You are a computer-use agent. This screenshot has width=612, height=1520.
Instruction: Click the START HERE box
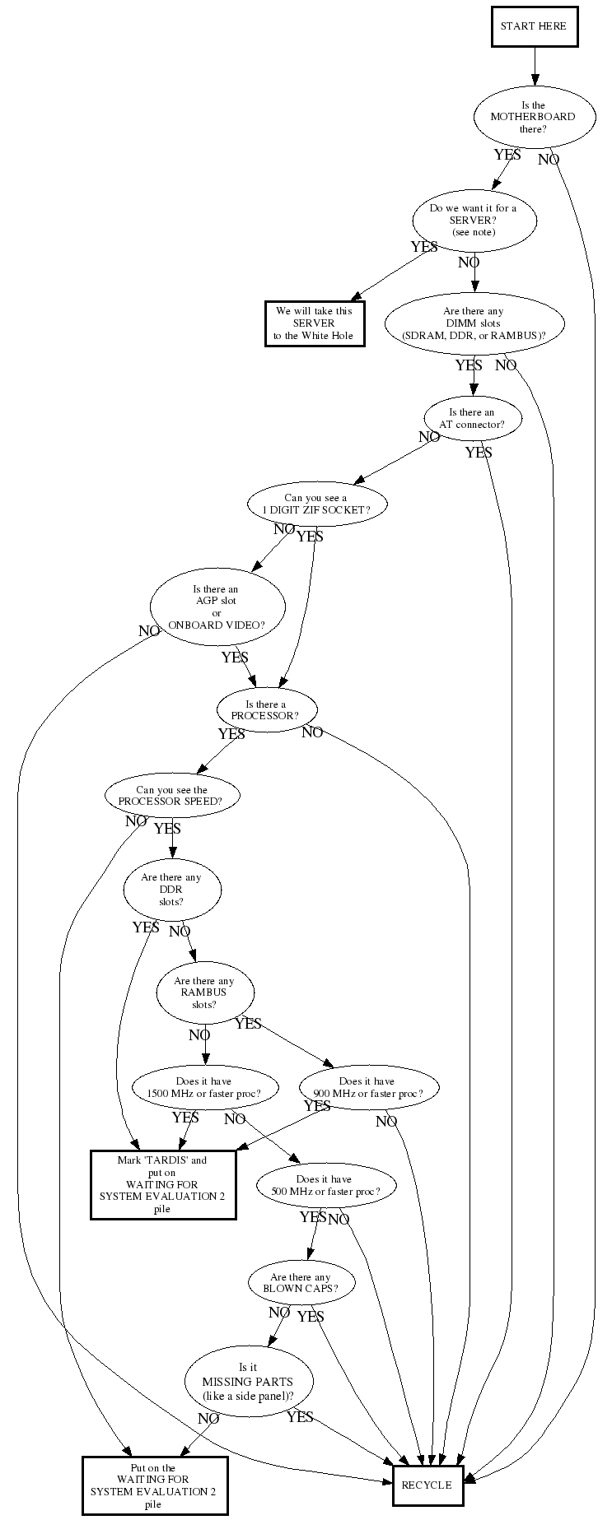tap(534, 26)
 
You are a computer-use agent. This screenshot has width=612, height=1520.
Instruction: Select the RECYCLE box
tap(427, 1485)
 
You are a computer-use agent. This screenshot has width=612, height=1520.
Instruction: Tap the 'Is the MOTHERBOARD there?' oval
tap(532, 117)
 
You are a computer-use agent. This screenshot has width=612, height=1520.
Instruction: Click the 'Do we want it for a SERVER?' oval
tap(474, 220)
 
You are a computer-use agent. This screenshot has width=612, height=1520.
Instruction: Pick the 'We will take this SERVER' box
tap(314, 323)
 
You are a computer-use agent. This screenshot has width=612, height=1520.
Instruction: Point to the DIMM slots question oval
tap(474, 323)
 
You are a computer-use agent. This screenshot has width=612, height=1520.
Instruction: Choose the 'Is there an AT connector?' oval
tap(472, 418)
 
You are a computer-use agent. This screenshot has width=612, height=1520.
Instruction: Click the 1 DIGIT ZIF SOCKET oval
tap(316, 504)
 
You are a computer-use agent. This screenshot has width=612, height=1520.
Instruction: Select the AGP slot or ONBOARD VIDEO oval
tap(217, 607)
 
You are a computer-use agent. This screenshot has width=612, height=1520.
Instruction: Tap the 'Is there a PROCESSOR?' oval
tap(266, 710)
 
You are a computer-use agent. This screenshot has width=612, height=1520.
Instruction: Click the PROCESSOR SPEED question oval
tap(173, 796)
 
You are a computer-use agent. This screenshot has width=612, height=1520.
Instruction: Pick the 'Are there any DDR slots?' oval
tap(171, 890)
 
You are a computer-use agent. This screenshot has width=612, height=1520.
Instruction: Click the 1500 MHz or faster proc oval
tap(203, 1087)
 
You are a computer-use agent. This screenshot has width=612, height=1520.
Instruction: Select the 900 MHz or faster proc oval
tap(367, 1087)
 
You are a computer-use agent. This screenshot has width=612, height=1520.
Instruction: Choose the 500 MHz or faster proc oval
tap(325, 1185)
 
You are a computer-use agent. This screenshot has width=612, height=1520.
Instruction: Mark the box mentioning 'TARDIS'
tap(162, 1184)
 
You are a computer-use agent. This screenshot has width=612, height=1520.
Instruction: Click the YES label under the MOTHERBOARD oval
tap(507, 155)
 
